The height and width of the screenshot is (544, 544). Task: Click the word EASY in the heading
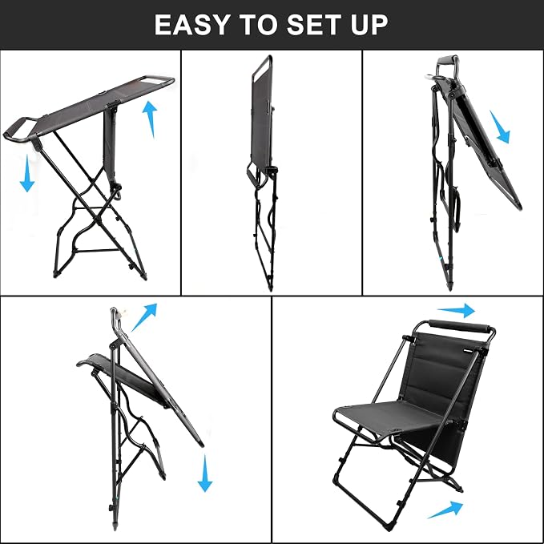tap(191, 24)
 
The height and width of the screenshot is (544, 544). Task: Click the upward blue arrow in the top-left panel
tap(151, 119)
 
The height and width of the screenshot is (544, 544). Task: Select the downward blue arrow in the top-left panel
tap(27, 173)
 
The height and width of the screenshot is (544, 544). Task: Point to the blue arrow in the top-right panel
tap(500, 127)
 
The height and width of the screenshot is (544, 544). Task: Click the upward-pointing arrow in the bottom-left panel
tap(144, 316)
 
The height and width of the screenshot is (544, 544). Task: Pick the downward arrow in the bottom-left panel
tap(204, 473)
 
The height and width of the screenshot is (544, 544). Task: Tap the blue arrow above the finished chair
tap(456, 310)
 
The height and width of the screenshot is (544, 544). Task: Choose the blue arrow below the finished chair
tap(445, 510)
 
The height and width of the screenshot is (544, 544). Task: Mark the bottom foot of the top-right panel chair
tap(450, 286)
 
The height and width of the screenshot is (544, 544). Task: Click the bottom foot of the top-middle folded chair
tap(270, 286)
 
